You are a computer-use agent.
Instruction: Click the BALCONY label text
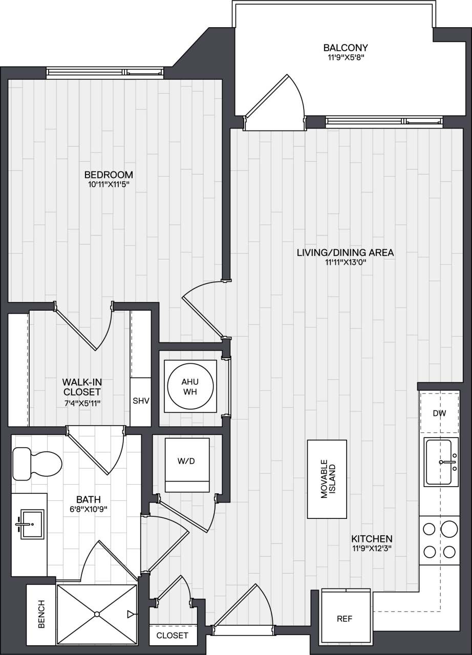coord(346,48)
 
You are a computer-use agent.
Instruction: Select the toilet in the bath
coord(36,463)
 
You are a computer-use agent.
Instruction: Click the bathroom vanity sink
coord(29,523)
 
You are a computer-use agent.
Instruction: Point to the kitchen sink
coord(439,462)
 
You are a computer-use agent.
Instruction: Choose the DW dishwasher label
coord(439,413)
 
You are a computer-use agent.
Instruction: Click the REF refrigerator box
coord(345,617)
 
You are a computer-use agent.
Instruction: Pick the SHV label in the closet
coord(140,401)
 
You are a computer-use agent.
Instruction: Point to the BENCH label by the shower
coord(41,614)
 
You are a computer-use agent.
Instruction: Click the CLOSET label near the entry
coord(172,636)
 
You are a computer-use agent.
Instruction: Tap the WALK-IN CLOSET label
coord(81,387)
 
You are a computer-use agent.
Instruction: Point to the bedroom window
coord(105,73)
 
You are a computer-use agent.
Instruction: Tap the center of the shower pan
coord(97,614)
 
